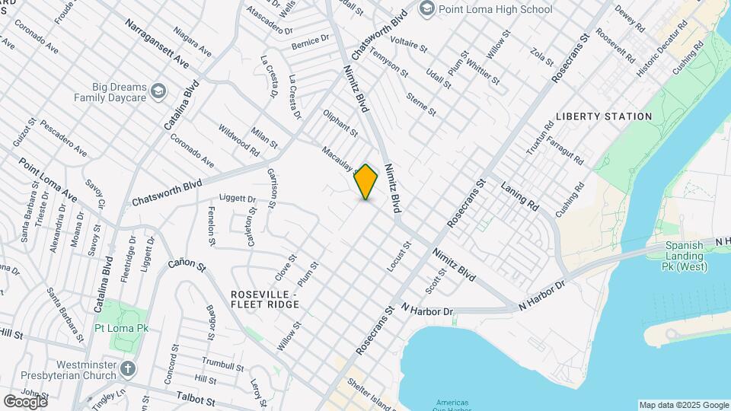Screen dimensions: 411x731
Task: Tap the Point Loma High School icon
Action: coord(426,9)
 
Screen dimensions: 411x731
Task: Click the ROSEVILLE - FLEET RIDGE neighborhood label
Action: coord(265,299)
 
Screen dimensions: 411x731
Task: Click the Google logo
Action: coord(25,401)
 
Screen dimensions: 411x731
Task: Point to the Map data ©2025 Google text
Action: coord(683,405)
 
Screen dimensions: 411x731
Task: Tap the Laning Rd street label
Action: coord(519,194)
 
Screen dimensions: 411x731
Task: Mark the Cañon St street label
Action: coord(187,266)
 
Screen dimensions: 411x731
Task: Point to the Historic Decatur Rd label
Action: coord(662,47)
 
